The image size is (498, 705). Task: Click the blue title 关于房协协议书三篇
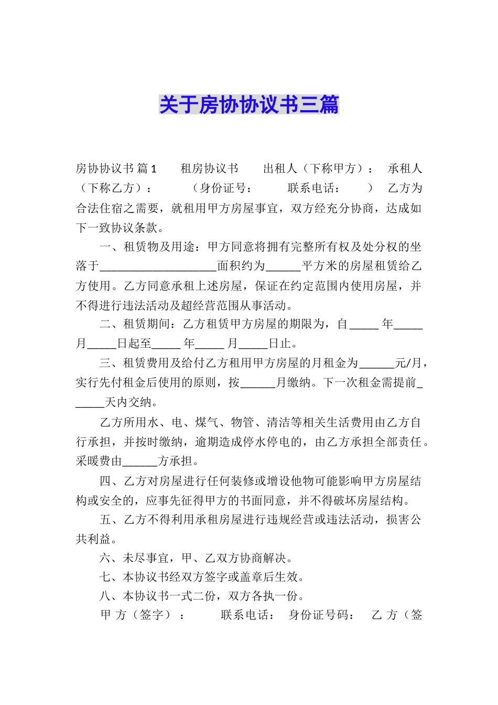pyautogui.click(x=249, y=105)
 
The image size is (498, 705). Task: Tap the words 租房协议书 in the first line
pyautogui.click(x=209, y=168)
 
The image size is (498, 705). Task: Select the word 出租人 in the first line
pyautogui.click(x=280, y=168)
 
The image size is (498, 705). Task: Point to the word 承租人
pyautogui.click(x=405, y=168)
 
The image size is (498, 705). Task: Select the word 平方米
pyautogui.click(x=319, y=266)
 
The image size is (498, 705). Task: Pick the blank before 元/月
pyautogui.click(x=377, y=364)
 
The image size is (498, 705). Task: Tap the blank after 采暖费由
pyautogui.click(x=139, y=462)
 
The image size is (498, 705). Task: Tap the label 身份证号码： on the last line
pyautogui.click(x=321, y=615)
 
